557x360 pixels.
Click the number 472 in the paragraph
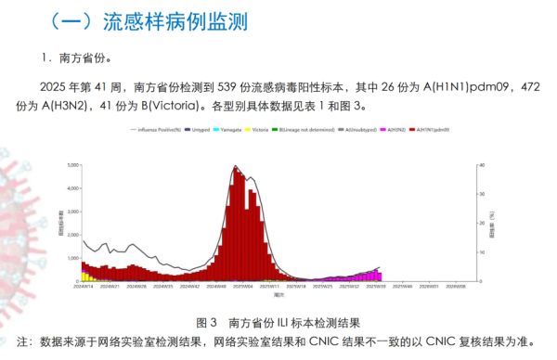point(529,87)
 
